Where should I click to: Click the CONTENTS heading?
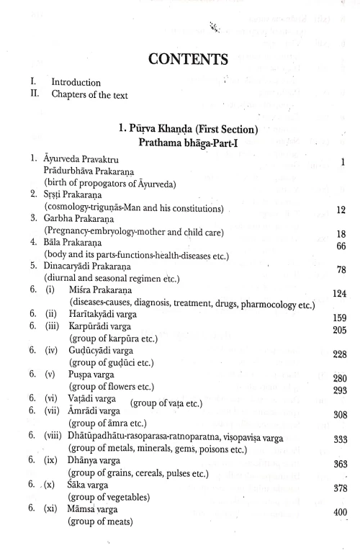point(179,55)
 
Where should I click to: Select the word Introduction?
point(76,83)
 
